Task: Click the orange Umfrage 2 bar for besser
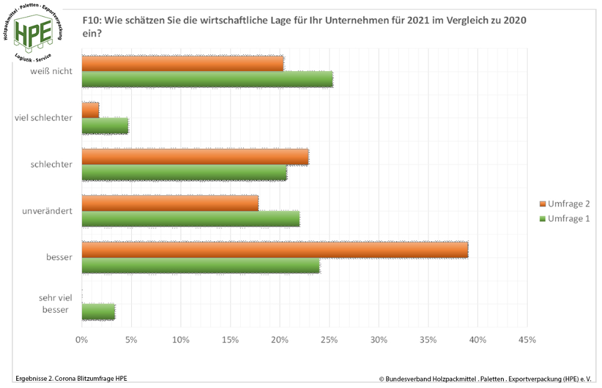(275, 249)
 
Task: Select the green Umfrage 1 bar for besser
(200, 265)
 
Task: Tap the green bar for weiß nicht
(207, 79)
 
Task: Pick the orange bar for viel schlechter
(90, 110)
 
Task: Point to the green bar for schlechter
(184, 172)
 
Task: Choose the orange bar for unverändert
(170, 203)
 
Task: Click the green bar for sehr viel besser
(98, 311)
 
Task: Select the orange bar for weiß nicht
(182, 63)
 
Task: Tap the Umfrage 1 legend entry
(564, 218)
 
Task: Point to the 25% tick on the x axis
(329, 340)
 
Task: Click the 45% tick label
(527, 340)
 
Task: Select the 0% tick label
(81, 340)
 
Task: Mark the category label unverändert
(52, 211)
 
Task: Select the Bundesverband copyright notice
(485, 378)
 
